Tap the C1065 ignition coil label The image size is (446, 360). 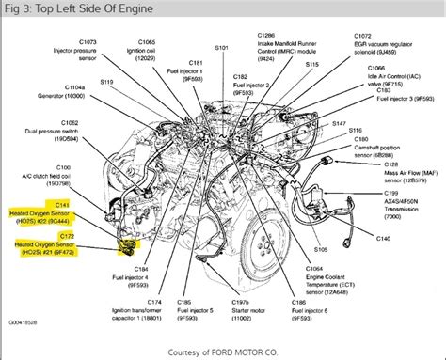click(x=148, y=51)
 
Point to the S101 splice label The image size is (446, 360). click(x=222, y=46)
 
